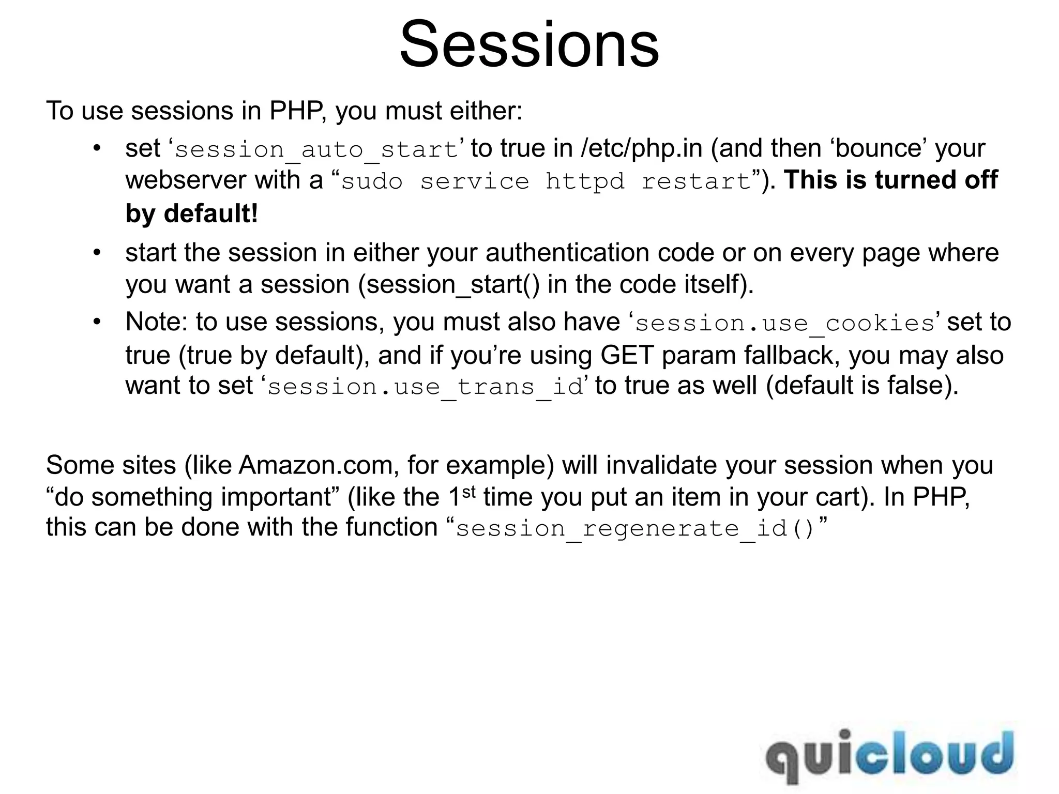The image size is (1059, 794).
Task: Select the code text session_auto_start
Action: [316, 150]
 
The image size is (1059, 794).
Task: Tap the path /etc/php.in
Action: [641, 149]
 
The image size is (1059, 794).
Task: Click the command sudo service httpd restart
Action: [546, 181]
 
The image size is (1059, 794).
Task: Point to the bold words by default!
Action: [191, 213]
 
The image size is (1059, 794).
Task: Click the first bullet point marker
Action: [96, 148]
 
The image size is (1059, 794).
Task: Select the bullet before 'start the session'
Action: [96, 253]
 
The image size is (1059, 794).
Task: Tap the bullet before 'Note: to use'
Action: [96, 322]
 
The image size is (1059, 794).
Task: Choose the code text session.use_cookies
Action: [784, 324]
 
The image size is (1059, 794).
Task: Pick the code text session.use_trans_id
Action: [425, 387]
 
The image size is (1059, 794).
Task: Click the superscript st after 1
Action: [468, 491]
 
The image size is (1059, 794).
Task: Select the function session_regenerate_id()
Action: [635, 529]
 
